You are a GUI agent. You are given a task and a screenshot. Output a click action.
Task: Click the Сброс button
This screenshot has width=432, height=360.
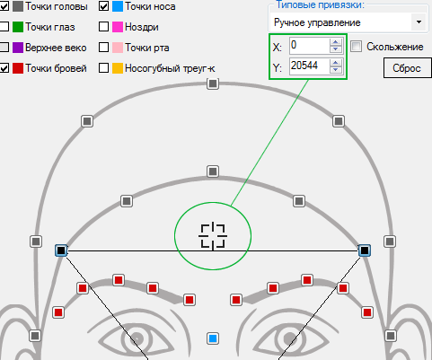(x=408, y=68)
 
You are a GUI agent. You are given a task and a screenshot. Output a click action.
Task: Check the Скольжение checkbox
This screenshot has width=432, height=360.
(x=357, y=47)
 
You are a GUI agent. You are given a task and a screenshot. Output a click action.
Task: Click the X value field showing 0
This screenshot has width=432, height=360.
(x=309, y=46)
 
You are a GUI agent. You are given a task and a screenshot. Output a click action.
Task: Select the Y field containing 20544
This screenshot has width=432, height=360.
(x=309, y=66)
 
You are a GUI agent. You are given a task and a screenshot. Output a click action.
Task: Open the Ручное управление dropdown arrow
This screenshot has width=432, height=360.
(x=419, y=22)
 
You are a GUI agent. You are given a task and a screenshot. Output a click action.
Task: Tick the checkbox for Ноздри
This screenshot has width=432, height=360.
(x=103, y=27)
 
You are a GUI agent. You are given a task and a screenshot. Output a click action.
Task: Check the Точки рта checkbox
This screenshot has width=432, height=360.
(x=103, y=48)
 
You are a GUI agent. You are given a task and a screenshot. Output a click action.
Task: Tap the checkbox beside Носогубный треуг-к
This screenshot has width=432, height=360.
(x=103, y=68)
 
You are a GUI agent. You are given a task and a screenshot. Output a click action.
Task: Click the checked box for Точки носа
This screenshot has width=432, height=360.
(x=103, y=6)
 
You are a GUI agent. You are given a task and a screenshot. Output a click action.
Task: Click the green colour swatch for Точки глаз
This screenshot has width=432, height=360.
(x=18, y=27)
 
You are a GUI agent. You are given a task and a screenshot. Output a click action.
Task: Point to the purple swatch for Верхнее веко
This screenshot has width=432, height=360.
(x=18, y=48)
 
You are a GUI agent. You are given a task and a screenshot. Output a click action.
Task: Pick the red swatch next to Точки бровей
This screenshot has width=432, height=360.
(x=18, y=68)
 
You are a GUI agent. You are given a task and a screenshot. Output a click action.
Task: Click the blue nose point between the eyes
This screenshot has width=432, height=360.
(x=213, y=338)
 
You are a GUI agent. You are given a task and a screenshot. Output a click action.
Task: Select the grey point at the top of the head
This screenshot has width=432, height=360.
(x=213, y=83)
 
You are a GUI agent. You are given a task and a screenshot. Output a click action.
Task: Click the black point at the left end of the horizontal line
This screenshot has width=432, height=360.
(x=61, y=250)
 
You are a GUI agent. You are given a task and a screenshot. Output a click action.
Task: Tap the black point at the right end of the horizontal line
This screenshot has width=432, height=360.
(x=365, y=250)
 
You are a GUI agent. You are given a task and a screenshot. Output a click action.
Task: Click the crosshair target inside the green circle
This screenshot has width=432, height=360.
(x=213, y=236)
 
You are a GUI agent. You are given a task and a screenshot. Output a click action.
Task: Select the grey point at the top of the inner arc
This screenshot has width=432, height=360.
(x=213, y=171)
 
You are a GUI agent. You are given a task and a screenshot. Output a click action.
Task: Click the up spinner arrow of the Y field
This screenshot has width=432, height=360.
(x=336, y=62)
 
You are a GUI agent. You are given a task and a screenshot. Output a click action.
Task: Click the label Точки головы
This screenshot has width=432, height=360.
(x=57, y=6)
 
